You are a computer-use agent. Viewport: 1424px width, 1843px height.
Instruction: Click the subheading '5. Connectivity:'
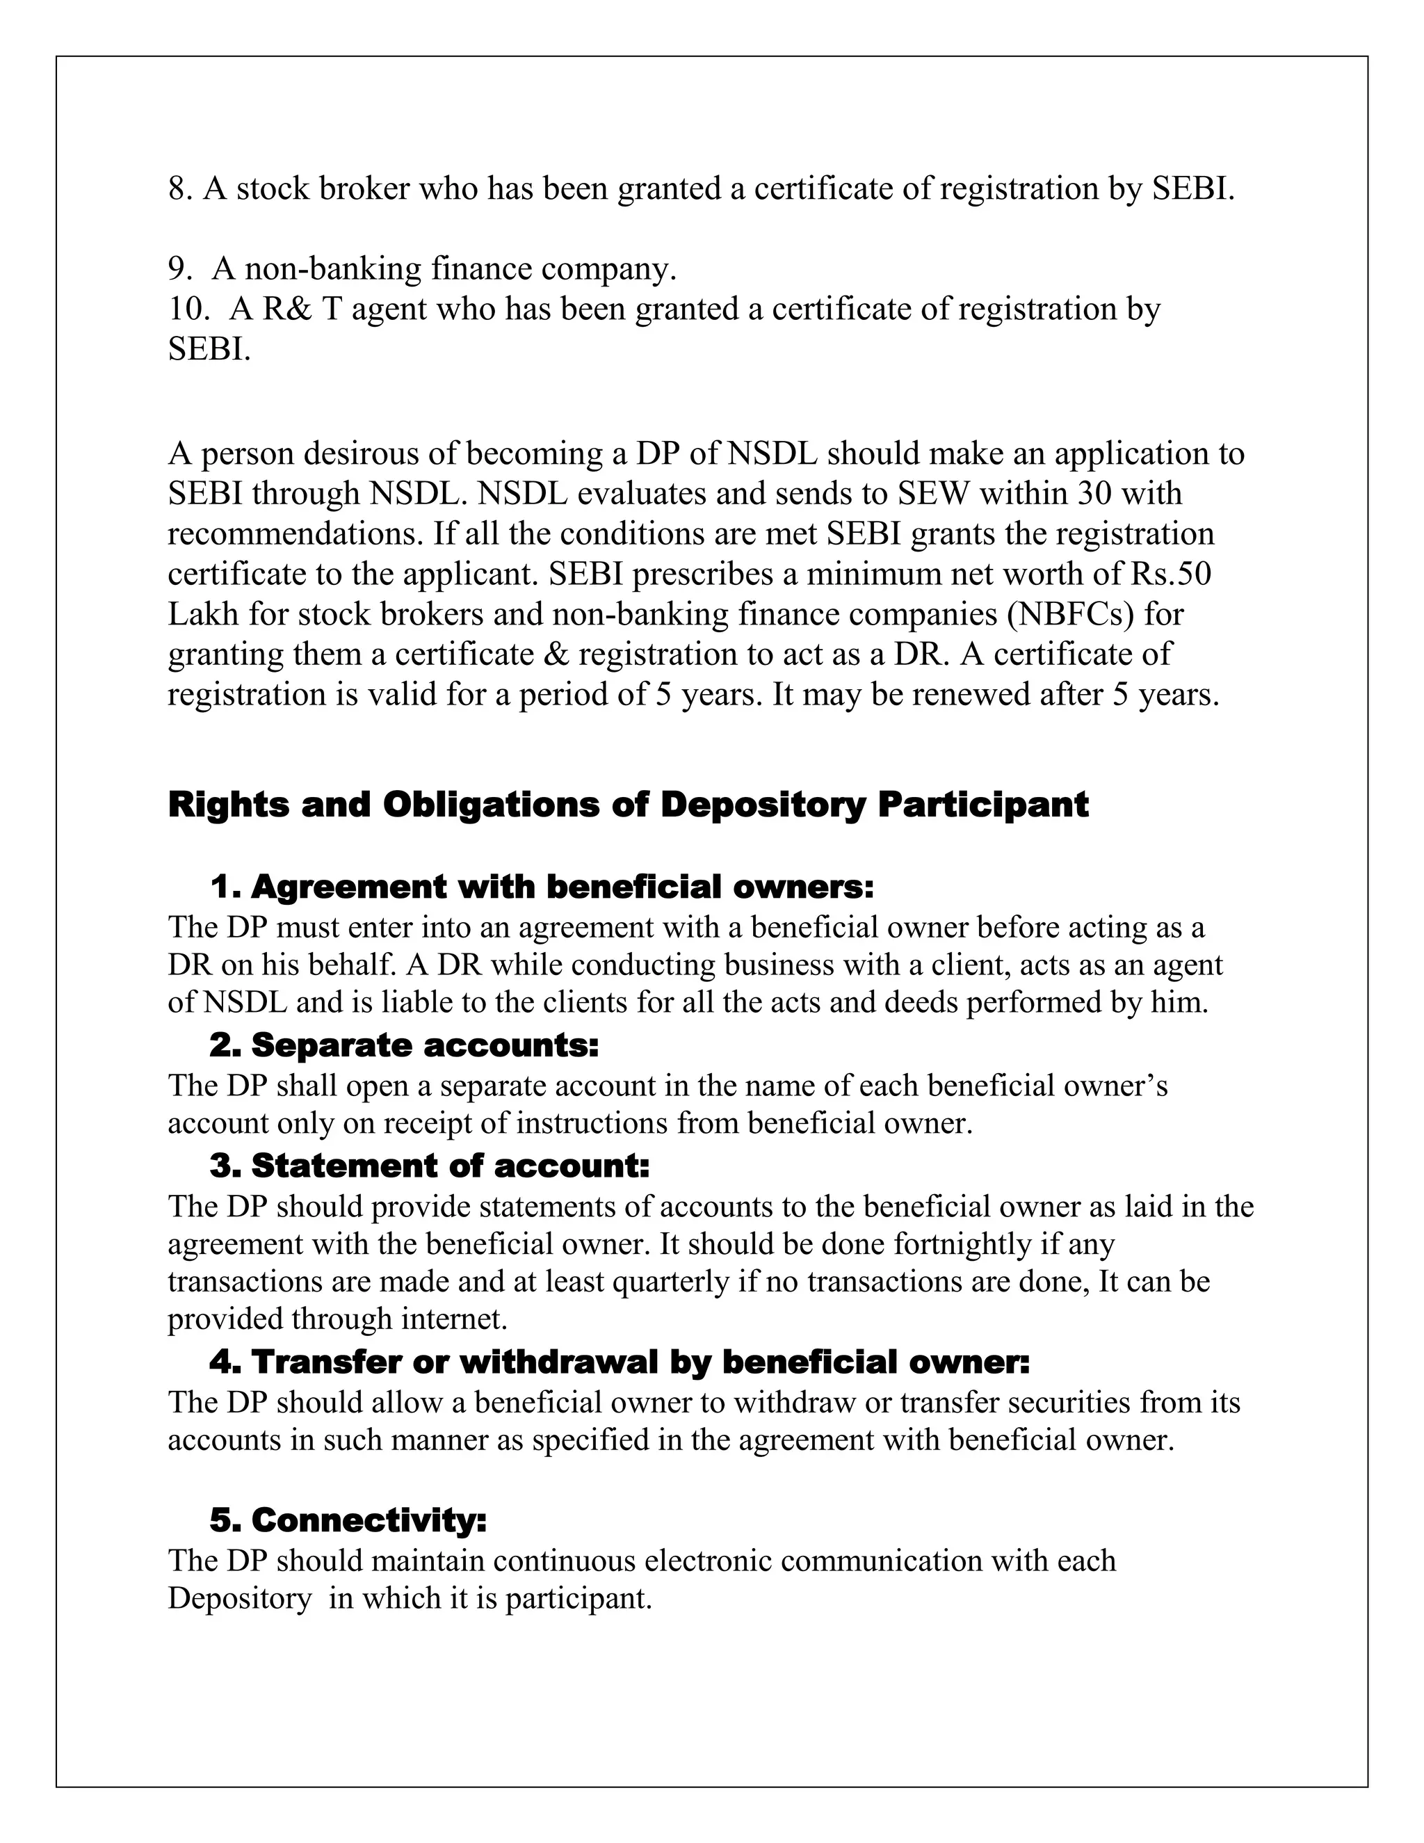pyautogui.click(x=348, y=1520)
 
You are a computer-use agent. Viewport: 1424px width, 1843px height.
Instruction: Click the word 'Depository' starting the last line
pyautogui.click(x=240, y=1598)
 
